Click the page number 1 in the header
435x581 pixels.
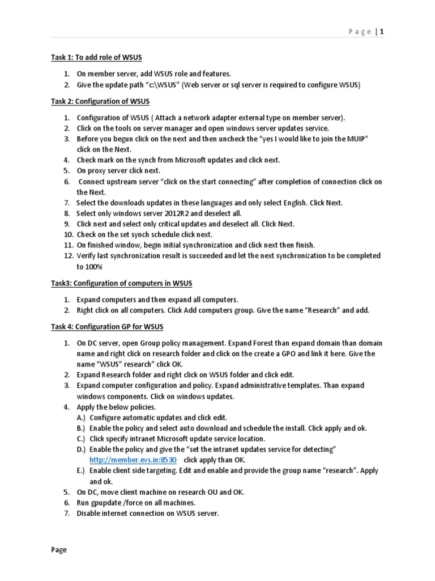(382, 32)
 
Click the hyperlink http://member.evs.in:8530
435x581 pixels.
(129, 460)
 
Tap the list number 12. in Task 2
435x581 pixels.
(68, 255)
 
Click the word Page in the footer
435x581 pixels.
(58, 550)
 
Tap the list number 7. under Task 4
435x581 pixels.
(66, 513)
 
